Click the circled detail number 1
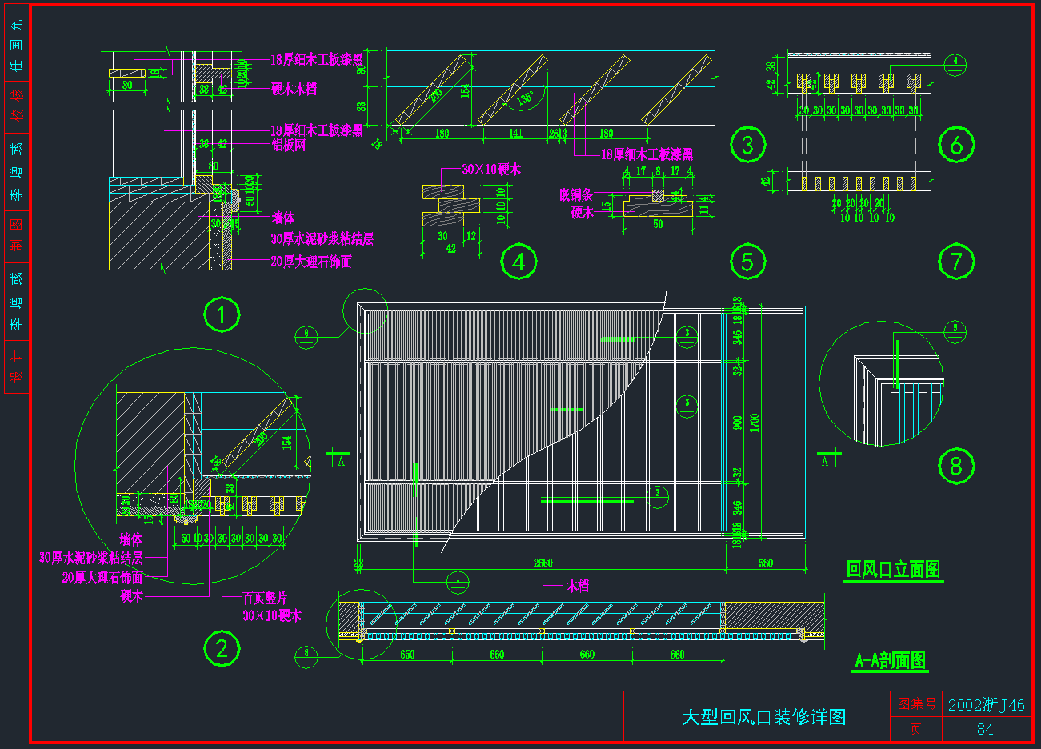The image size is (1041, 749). (x=222, y=314)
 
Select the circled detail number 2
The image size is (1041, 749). (x=222, y=648)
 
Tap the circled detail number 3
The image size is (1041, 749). (x=747, y=145)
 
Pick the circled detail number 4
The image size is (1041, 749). (x=518, y=262)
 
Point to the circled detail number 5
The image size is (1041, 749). (x=747, y=262)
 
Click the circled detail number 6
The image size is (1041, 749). (x=956, y=145)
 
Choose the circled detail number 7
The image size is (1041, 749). (x=956, y=262)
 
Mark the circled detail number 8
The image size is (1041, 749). (x=956, y=466)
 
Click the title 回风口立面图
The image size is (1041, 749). (x=893, y=570)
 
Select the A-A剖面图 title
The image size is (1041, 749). (x=891, y=660)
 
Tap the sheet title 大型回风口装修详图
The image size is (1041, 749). (x=763, y=717)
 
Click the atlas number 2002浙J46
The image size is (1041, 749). (x=986, y=705)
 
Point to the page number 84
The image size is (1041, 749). (x=985, y=729)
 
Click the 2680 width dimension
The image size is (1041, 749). (x=543, y=563)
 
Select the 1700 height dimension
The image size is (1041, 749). (x=755, y=423)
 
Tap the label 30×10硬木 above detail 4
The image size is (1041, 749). (x=491, y=170)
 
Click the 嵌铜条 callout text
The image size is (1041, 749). (x=575, y=195)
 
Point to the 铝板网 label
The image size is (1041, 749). (x=289, y=146)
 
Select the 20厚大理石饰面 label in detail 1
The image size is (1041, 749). (x=311, y=262)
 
